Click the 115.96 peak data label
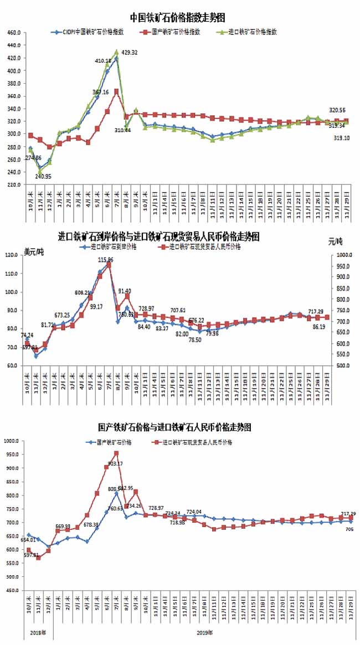point(106,260)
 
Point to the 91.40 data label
point(125,291)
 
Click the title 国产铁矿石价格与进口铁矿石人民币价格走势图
point(175,427)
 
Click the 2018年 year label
point(37,632)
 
